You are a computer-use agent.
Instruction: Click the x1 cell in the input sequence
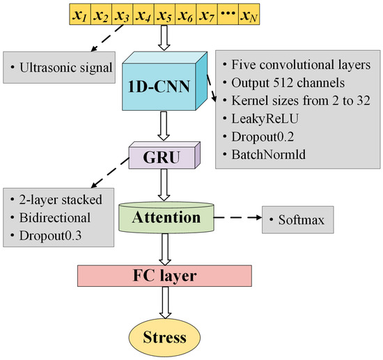80,14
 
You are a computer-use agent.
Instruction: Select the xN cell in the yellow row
249,14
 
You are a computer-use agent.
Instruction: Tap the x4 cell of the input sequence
143,14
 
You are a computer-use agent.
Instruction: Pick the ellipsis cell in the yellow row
228,14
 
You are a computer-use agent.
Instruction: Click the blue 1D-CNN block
164,81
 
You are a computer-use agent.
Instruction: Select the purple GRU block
164,155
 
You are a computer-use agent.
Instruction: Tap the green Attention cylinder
166,217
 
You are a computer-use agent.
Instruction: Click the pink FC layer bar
164,276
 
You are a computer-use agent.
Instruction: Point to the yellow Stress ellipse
164,337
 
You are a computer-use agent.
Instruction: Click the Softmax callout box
298,220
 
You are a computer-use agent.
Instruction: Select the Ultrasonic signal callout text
66,68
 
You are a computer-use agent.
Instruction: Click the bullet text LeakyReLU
265,118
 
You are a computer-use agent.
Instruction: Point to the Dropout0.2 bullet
263,136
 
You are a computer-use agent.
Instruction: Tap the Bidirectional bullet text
55,218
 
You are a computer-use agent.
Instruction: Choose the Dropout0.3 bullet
50,235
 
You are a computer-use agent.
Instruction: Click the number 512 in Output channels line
283,83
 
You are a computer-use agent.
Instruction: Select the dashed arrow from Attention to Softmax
237,217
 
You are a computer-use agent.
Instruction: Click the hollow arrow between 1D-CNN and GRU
164,126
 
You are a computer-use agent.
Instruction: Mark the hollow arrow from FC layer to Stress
165,303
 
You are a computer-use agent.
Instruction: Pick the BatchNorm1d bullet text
268,155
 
